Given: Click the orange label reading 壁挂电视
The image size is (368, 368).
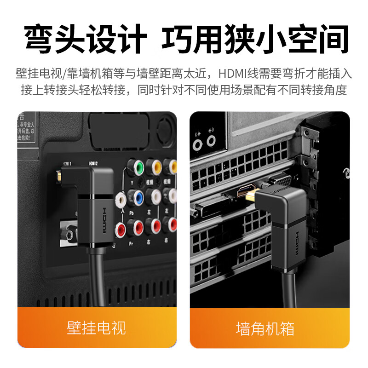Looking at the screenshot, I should (x=97, y=328).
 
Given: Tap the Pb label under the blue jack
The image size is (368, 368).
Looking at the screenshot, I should (x=132, y=213).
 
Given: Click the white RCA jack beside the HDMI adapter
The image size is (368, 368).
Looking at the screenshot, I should (x=121, y=199).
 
